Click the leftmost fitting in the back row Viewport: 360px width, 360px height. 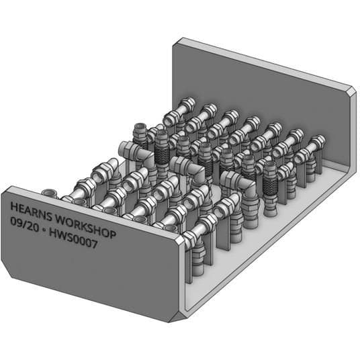[x=181, y=107]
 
